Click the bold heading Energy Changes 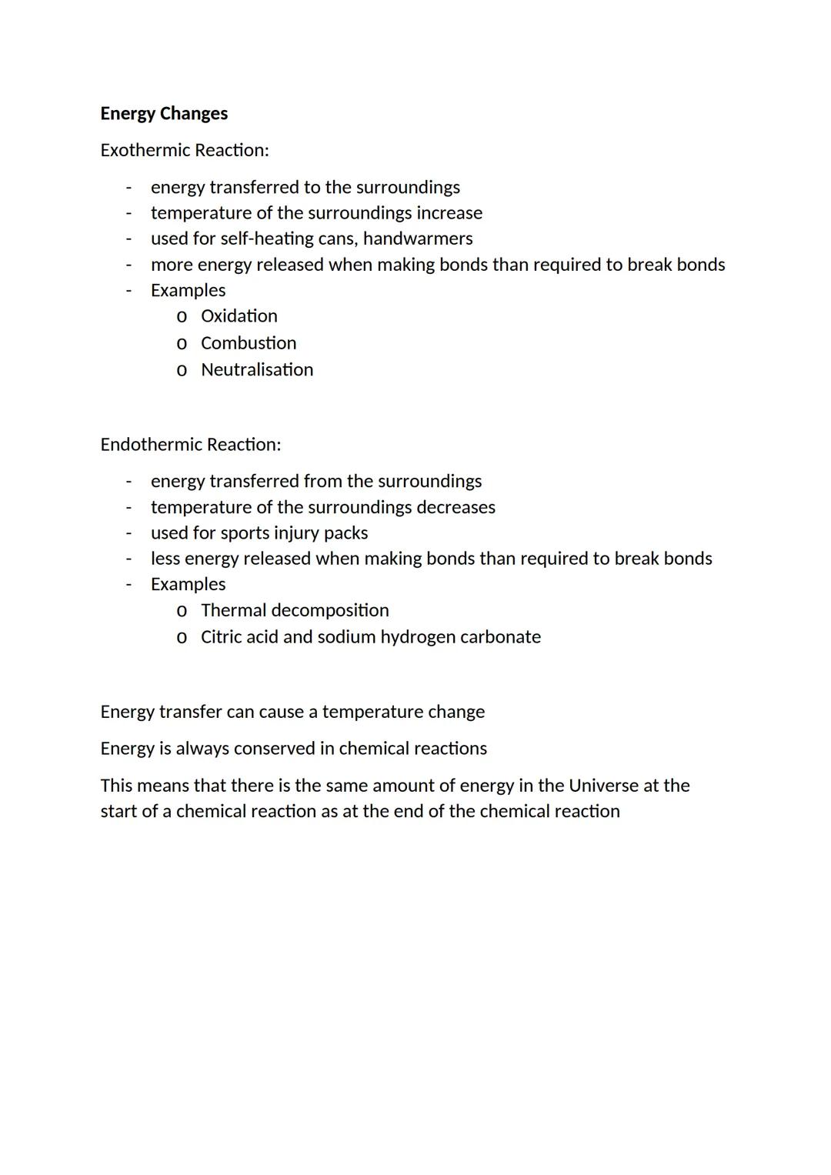[x=164, y=113]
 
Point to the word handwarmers [x=418, y=239]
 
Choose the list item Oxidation [x=239, y=316]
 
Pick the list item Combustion [x=248, y=343]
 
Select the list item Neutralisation [x=257, y=370]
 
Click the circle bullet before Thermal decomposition [x=182, y=612]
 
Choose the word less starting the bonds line [x=165, y=559]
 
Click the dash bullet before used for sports [x=128, y=533]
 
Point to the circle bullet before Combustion [x=182, y=344]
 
